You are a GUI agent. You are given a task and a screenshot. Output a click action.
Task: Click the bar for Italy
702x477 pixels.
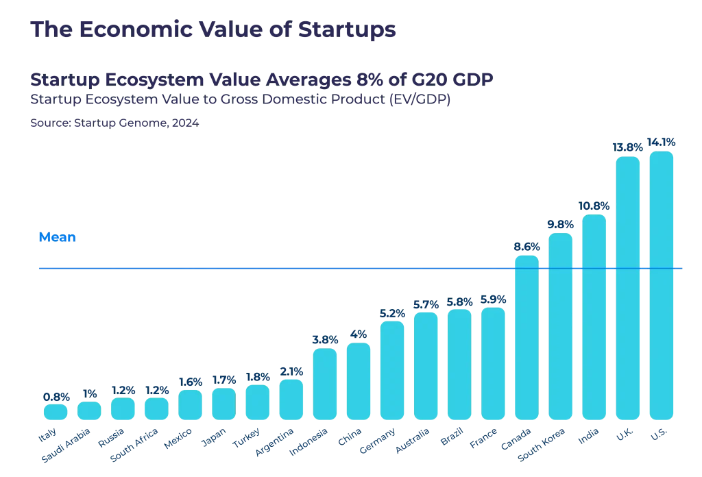click(56, 411)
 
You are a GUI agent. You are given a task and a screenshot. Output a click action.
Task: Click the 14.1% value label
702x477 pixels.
click(661, 143)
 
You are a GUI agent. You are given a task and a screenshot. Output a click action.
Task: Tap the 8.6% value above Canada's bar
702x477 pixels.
click(526, 247)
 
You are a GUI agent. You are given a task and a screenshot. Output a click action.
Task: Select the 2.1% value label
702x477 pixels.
click(291, 371)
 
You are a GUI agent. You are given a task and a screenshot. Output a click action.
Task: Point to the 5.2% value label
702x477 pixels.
click(392, 313)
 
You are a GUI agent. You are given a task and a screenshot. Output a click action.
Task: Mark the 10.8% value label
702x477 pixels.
click(594, 206)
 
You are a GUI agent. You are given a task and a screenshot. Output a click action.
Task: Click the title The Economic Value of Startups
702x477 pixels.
click(213, 29)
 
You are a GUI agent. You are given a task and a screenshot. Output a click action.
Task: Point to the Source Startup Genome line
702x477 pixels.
click(114, 124)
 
